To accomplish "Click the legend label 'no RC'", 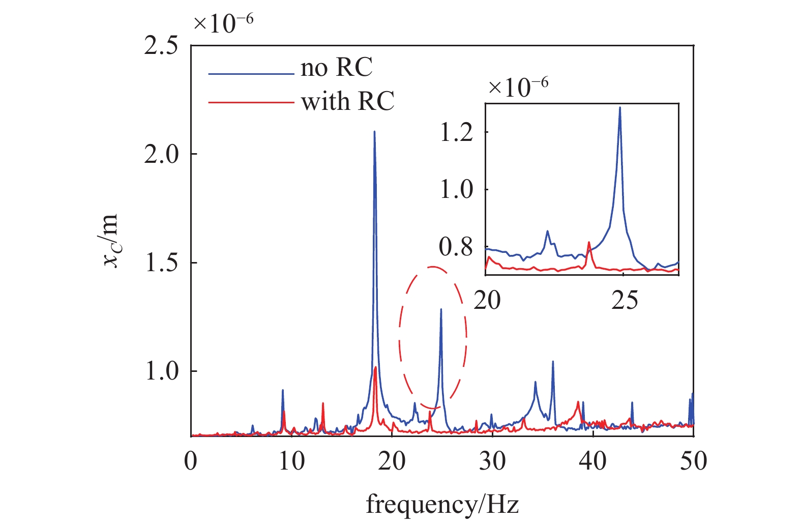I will tap(336, 68).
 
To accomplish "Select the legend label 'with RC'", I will tap(347, 101).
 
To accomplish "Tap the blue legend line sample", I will tap(251, 74).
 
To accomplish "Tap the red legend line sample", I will tap(251, 103).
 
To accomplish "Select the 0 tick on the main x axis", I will tap(191, 461).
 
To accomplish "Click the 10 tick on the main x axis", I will tap(291, 461).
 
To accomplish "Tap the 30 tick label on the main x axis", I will tap(492, 461).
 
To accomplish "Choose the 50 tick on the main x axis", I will tap(694, 461).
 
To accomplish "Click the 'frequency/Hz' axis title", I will tap(442, 505).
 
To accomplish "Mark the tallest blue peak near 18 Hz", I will tap(374, 131).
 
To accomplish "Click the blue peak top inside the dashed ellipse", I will tap(441, 309).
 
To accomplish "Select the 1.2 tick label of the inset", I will tap(456, 132).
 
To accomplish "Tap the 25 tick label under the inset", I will tap(624, 300).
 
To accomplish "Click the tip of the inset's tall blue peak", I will tap(619, 107).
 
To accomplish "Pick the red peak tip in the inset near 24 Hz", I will tap(589, 242).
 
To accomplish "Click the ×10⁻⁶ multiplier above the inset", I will tap(518, 86).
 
